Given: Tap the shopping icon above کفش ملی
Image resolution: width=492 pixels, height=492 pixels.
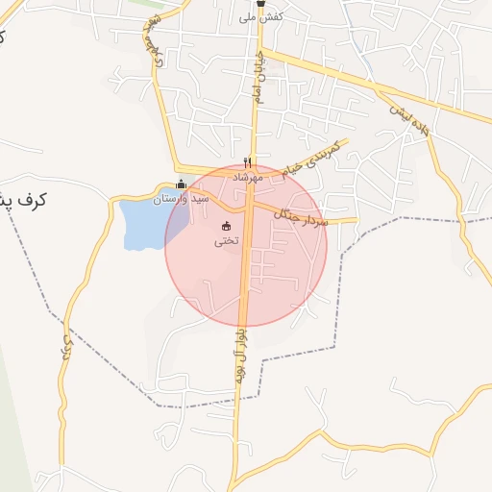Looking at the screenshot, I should pos(260,4).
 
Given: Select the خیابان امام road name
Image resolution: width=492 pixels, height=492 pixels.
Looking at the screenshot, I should pos(258,77).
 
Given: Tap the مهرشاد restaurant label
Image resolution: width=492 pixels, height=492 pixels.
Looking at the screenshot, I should pos(248,178).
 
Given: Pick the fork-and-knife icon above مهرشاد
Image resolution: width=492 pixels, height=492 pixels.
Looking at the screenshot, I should pos(248,163).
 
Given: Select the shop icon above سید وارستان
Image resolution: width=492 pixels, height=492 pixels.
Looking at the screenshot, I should pos(181,184).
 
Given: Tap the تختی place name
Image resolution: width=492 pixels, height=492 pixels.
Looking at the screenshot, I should pos(226,240).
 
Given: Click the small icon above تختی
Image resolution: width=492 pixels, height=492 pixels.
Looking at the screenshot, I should pos(226,227).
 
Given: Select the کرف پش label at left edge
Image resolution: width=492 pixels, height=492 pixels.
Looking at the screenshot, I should pos(25,200).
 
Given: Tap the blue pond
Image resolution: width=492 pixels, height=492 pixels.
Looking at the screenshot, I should pos(144,223).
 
